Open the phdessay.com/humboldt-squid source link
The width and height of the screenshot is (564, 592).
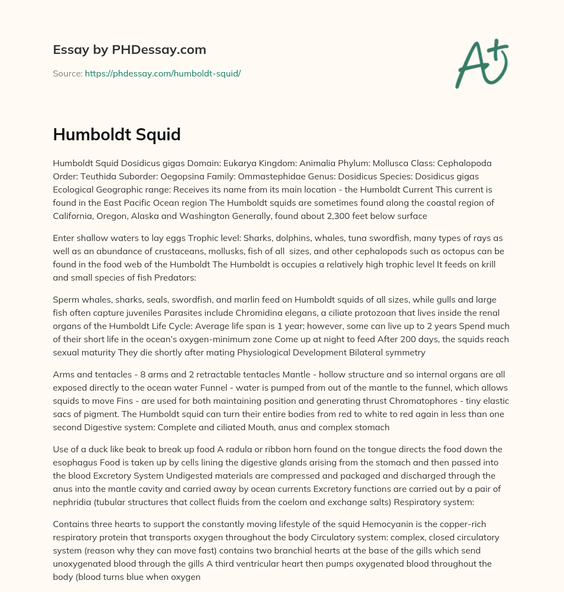[x=162, y=73]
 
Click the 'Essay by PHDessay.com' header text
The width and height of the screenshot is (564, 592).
[x=129, y=50]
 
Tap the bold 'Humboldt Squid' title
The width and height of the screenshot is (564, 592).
[x=117, y=134]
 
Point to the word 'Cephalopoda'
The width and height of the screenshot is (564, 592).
[x=467, y=163]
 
